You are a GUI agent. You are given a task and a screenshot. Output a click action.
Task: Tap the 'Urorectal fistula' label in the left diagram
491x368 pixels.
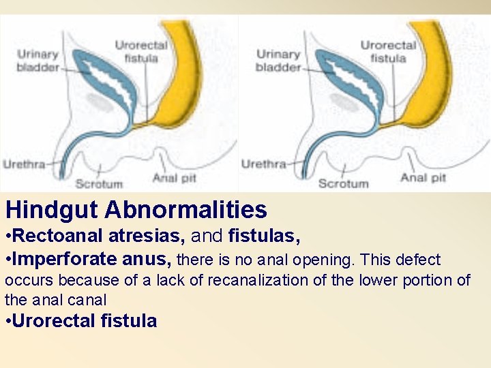tap(141, 52)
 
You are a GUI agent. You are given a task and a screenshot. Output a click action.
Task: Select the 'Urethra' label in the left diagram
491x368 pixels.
tap(25, 164)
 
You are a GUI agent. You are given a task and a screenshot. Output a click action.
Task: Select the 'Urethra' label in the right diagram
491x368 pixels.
tap(263, 164)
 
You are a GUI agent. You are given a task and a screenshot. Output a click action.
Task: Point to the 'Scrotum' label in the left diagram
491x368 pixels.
tap(99, 183)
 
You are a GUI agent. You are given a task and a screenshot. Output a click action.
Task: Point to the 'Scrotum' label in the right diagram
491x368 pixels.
tap(343, 183)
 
